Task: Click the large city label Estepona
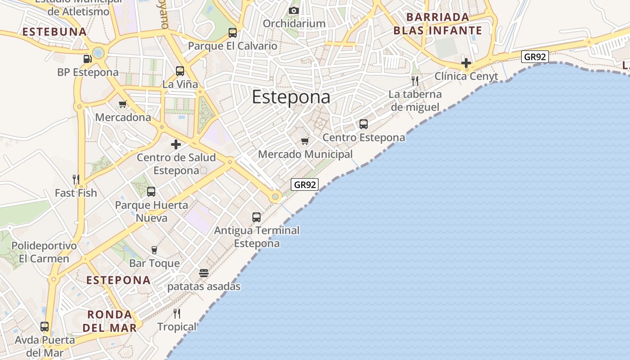(291, 97)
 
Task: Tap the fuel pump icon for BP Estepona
(88, 58)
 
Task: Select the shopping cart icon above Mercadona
(123, 104)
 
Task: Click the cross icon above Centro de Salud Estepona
(176, 144)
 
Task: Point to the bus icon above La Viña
(180, 71)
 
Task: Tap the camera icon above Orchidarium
(294, 10)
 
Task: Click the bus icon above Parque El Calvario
(233, 32)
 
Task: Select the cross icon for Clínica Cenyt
(466, 63)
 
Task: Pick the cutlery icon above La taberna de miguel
(415, 81)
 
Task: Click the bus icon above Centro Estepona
(364, 124)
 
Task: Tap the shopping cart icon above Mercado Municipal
(305, 141)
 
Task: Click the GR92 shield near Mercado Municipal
(305, 184)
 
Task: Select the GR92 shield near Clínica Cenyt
(535, 57)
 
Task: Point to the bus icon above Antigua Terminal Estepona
(256, 217)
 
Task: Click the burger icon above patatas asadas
(204, 273)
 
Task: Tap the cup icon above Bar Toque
(154, 250)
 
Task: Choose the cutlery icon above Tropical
(177, 314)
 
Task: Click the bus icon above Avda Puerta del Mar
(45, 327)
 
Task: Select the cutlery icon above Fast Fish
(76, 180)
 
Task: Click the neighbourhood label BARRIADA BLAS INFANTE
(437, 24)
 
